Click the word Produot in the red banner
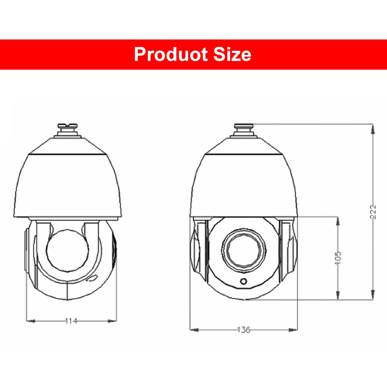[170, 54]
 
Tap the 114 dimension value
[71, 320]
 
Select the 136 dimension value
[243, 330]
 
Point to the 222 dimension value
[373, 212]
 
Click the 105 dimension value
[338, 257]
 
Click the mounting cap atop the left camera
[68, 130]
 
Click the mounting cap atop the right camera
[244, 130]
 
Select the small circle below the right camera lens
[244, 281]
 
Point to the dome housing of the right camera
[245, 182]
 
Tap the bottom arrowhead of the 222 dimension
[372, 296]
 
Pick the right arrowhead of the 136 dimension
[295, 330]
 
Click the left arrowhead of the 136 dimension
[194, 330]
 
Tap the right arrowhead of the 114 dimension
[113, 320]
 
